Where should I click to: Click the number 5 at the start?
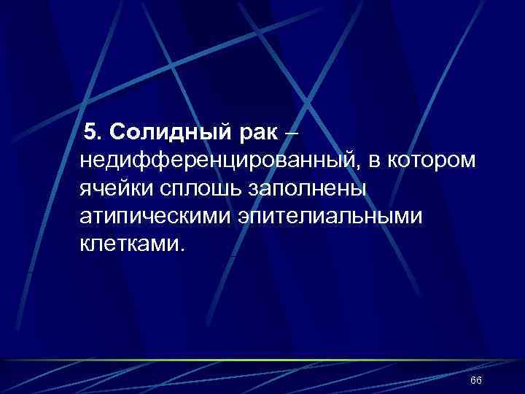click(90, 133)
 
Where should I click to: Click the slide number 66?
click(476, 381)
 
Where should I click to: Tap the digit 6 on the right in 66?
click(479, 381)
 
